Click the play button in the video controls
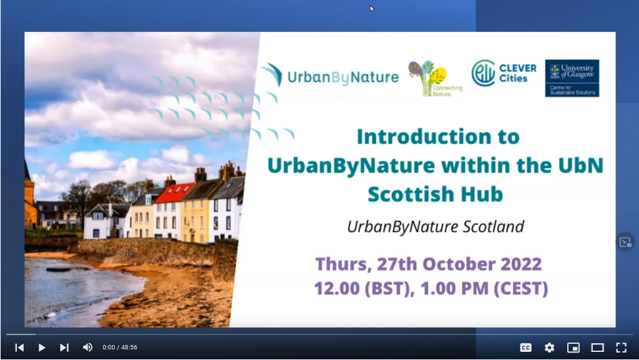(x=42, y=348)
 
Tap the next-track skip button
(x=64, y=348)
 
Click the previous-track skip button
(x=19, y=348)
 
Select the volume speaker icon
(x=87, y=348)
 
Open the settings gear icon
(x=549, y=348)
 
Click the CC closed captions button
(x=525, y=348)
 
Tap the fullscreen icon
(x=621, y=348)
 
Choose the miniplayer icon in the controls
(x=573, y=348)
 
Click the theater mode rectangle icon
(x=597, y=348)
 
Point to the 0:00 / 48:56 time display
(x=120, y=348)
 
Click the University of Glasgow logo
(x=572, y=78)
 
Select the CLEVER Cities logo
(x=504, y=73)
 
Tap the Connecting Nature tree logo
(x=435, y=79)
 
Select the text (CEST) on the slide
(x=521, y=288)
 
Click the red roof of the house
(x=174, y=193)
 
